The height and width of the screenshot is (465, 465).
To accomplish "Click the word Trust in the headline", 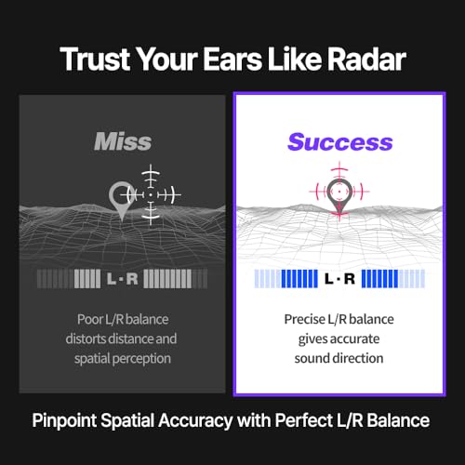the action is [x=95, y=59].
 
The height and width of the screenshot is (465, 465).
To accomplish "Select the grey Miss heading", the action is [x=123, y=141].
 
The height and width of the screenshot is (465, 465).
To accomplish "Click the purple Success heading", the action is [x=340, y=142].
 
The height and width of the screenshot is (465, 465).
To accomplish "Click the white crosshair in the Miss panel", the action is [x=151, y=194].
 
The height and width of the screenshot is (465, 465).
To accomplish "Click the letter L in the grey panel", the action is [x=112, y=279].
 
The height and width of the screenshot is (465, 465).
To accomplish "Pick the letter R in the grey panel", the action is [x=132, y=279].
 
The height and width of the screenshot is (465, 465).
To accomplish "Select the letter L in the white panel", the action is [x=329, y=279].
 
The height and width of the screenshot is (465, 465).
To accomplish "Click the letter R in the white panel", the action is [x=350, y=279].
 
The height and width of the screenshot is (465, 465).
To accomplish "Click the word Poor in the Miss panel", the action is [x=90, y=319].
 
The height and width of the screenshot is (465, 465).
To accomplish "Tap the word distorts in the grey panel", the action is [x=86, y=339].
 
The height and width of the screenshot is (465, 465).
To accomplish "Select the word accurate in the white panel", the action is [x=354, y=339].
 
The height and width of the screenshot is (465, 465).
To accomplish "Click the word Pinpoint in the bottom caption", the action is [x=64, y=420].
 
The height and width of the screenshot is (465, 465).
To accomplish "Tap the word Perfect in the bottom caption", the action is [x=304, y=420].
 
